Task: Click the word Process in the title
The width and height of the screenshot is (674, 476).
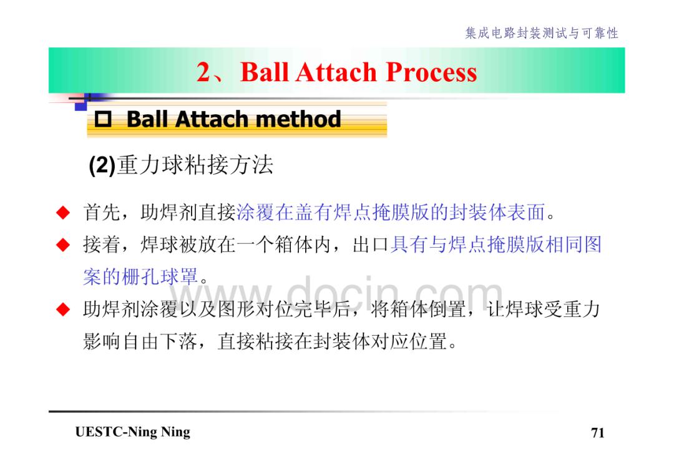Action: click(432, 72)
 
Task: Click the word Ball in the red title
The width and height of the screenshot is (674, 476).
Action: click(265, 72)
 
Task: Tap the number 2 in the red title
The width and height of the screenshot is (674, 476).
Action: click(203, 72)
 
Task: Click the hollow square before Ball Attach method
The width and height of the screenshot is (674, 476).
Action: click(103, 119)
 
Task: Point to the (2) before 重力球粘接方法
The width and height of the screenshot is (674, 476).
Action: click(102, 165)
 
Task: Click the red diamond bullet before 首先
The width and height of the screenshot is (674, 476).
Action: click(63, 212)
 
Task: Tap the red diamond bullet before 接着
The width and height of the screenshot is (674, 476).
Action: click(63, 245)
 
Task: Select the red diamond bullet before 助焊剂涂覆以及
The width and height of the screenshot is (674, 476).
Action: click(63, 309)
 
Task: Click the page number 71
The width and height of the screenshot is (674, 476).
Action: click(597, 432)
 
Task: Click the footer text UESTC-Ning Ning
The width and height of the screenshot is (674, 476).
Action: click(133, 432)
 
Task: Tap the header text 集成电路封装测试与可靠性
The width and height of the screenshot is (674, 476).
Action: click(542, 33)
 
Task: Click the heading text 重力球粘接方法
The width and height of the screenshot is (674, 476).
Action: click(195, 165)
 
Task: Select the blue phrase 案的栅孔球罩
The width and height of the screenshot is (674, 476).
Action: click(140, 276)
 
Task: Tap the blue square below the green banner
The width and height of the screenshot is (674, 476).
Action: click(81, 105)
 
